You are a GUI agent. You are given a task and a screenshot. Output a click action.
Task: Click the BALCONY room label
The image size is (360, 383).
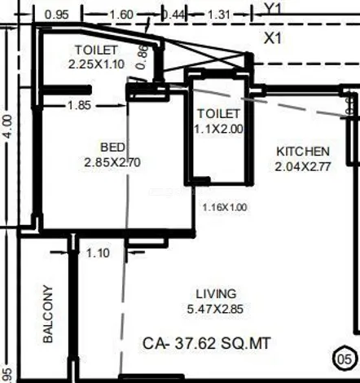pyautogui.click(x=48, y=314)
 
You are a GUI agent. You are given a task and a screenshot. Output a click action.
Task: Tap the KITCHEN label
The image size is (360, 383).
pyautogui.click(x=303, y=152)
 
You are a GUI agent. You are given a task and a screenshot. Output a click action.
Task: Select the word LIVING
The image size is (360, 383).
pyautogui.click(x=216, y=294)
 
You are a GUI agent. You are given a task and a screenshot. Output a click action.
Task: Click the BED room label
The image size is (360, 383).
pyautogui.click(x=113, y=147)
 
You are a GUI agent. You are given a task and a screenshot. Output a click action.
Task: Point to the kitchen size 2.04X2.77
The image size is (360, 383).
pyautogui.click(x=303, y=166)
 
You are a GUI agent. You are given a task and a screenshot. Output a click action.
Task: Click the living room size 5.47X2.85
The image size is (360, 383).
pyautogui.click(x=215, y=309)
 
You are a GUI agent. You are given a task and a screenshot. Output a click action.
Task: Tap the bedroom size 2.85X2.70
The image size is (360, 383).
pyautogui.click(x=112, y=162)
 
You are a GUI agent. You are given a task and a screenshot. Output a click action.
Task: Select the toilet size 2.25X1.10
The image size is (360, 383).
pyautogui.click(x=96, y=64)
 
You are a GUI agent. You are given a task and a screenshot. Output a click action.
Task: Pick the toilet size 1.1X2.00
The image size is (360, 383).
pyautogui.click(x=219, y=129)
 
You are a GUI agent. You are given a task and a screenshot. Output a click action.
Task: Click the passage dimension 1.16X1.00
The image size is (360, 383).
pyautogui.click(x=225, y=208)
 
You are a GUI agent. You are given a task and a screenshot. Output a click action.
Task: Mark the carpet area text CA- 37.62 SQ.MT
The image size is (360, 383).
pyautogui.click(x=207, y=343)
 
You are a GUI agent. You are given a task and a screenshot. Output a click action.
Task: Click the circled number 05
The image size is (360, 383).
pyautogui.click(x=345, y=359)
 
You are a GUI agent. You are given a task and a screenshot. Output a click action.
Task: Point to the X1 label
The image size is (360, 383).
pyautogui.click(x=273, y=38)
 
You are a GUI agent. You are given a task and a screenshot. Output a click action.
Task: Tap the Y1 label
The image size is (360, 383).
pyautogui.click(x=273, y=8)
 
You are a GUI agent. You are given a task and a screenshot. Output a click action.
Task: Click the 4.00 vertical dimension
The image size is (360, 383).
pyautogui.click(x=8, y=126)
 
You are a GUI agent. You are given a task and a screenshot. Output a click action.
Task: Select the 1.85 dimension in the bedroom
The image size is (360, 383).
pyautogui.click(x=79, y=105)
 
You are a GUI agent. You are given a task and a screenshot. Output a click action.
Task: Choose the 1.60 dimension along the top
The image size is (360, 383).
pyautogui.click(x=121, y=15)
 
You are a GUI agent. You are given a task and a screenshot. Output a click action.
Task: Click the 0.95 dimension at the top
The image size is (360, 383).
pyautogui.click(x=57, y=15)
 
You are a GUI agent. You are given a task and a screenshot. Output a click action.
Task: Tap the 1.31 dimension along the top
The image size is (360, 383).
pyautogui.click(x=219, y=15)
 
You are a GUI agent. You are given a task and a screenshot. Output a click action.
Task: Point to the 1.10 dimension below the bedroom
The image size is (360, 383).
pyautogui.click(x=98, y=253)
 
